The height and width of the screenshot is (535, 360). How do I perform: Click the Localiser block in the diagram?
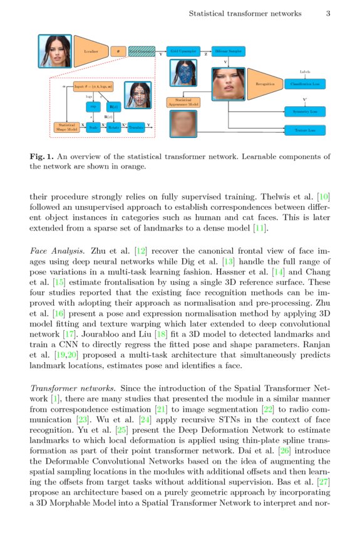[91, 51]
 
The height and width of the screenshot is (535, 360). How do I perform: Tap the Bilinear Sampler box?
[229, 51]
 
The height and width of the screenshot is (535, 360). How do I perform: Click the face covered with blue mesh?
[185, 73]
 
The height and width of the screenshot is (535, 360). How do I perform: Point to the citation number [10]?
[322, 197]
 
